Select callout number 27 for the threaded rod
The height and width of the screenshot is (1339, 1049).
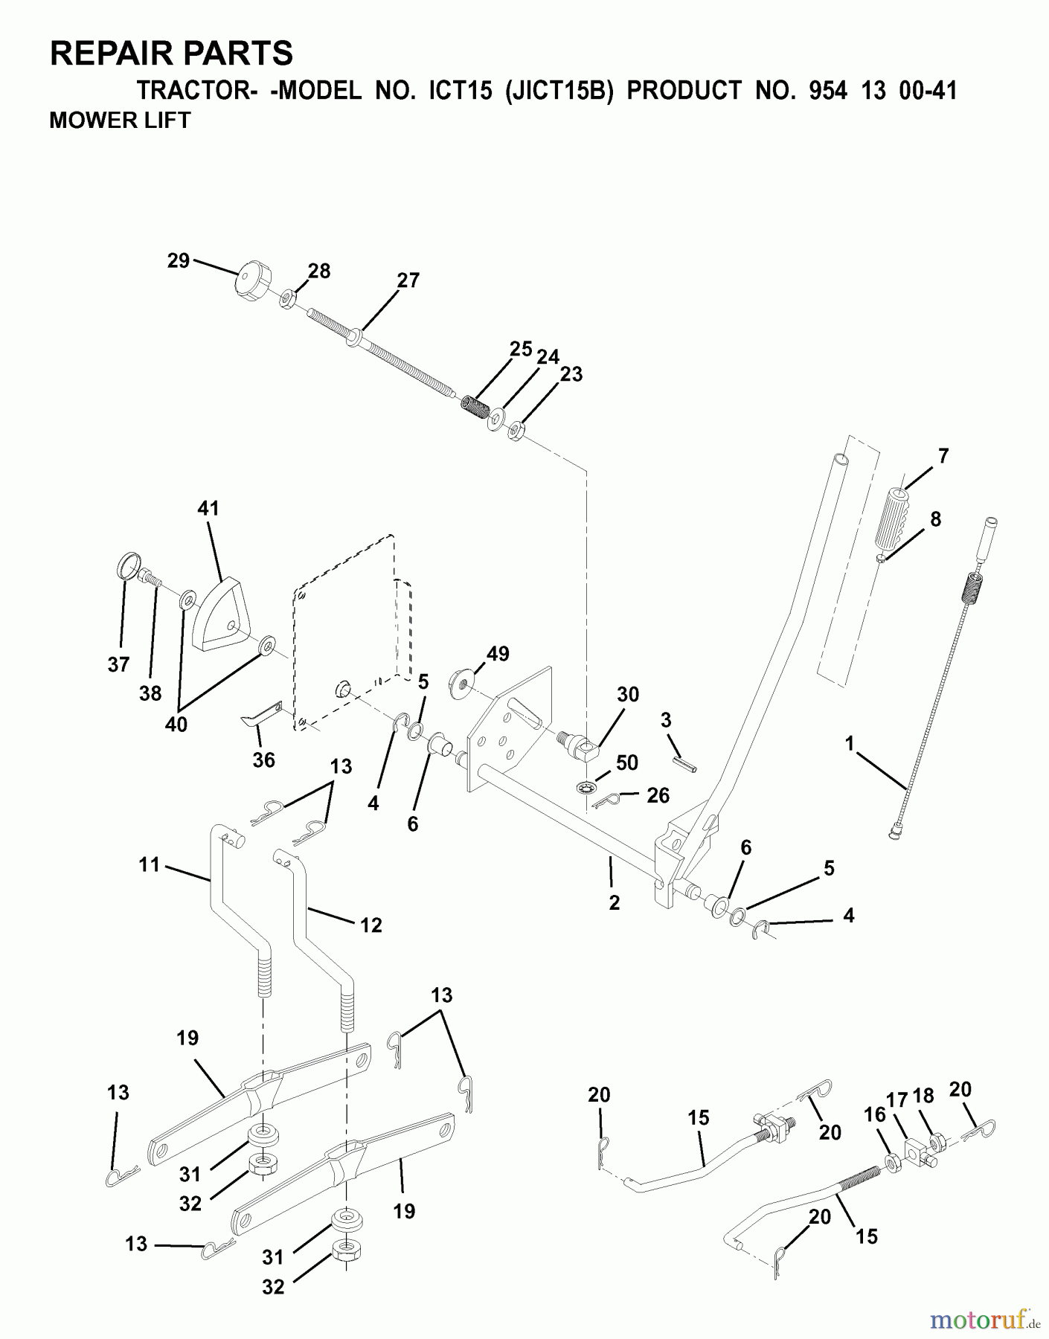coord(408,280)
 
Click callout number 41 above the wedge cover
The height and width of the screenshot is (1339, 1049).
coord(208,508)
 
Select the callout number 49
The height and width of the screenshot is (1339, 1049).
coord(498,654)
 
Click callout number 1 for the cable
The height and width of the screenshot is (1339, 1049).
coord(850,742)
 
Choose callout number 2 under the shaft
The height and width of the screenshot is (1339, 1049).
coord(614,902)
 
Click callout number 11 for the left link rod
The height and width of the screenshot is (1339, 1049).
coord(149,864)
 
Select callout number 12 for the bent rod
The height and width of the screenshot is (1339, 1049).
coord(370,925)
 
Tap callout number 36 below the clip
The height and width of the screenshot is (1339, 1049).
coord(264,760)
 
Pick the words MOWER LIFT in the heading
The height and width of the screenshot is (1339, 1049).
coord(120,120)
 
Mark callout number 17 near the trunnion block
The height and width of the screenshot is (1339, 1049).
coord(896,1099)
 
